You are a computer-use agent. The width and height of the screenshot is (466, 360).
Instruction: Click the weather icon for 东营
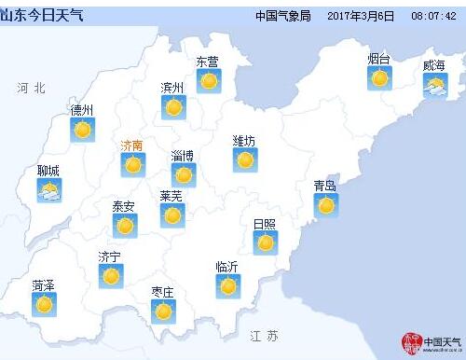[208, 81]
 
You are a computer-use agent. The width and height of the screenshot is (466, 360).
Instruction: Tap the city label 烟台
[378, 59]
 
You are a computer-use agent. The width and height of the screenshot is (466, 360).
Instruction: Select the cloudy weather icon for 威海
[435, 87]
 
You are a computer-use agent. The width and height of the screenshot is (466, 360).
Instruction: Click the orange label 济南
[132, 145]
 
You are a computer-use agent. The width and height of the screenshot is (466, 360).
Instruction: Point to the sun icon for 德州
[83, 129]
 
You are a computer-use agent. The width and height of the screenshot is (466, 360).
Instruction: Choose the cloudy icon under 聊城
[49, 190]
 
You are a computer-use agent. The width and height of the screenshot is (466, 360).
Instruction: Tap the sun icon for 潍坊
[245, 159]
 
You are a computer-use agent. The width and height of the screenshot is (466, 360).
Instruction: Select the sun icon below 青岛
[325, 204]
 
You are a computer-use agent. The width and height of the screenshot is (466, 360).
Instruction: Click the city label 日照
[265, 224]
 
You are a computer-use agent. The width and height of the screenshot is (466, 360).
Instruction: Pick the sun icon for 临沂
[228, 285]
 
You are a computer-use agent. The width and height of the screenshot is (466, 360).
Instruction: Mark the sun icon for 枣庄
[163, 311]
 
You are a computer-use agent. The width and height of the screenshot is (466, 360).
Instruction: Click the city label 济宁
[110, 256]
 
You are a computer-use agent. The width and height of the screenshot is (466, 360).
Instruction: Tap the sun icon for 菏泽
[44, 303]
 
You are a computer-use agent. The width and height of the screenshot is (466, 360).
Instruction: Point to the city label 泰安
[123, 206]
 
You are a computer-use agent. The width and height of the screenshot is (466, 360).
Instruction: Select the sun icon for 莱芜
[171, 215]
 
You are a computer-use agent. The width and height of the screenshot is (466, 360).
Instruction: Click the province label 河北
[30, 88]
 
